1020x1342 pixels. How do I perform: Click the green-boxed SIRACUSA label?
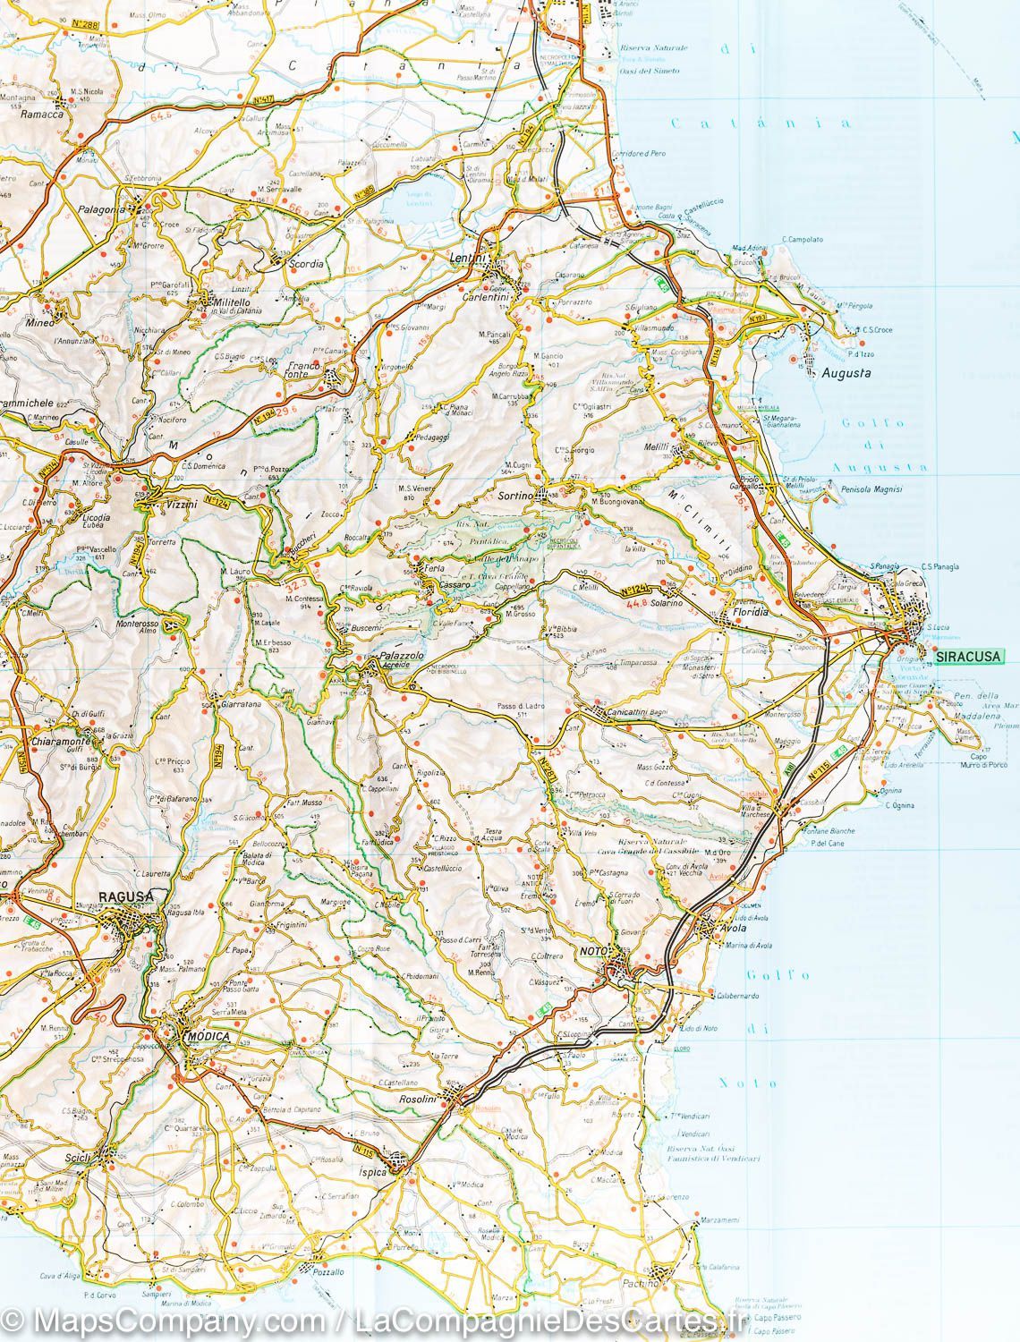point(968,657)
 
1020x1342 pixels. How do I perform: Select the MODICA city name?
point(208,1036)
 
